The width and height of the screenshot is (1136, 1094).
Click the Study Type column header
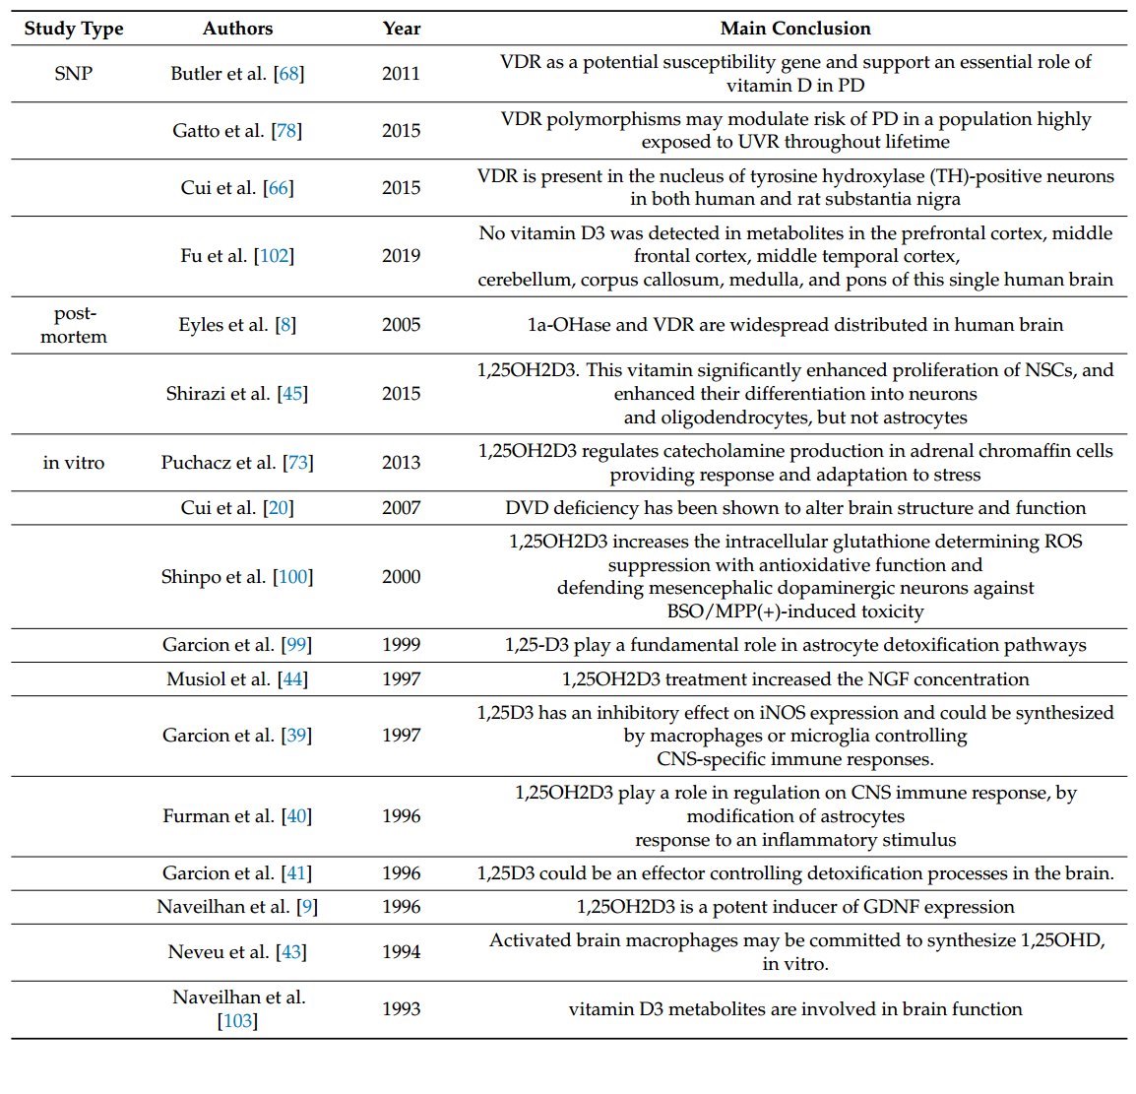pos(74,29)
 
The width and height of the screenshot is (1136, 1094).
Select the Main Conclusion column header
pos(795,29)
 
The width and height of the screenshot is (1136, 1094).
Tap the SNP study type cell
pos(74,74)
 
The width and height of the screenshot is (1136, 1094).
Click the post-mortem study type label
pos(74,325)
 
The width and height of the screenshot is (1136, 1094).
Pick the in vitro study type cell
pos(74,463)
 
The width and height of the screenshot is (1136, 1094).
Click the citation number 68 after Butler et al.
pos(289,74)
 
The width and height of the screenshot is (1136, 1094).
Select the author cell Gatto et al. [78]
pos(237,131)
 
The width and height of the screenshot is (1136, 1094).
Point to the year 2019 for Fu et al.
pos(402,256)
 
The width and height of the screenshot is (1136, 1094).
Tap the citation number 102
pos(275,256)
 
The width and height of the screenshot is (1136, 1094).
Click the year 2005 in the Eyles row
pos(402,325)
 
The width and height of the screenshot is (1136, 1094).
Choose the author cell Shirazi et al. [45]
pos(237,394)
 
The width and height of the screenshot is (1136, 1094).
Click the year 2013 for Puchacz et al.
pos(402,463)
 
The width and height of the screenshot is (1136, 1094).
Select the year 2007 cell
pos(402,508)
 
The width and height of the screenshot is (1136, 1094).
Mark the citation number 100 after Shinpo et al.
pos(293,577)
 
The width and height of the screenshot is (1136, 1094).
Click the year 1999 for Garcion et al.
pos(402,645)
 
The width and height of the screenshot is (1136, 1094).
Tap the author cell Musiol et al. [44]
pos(237,679)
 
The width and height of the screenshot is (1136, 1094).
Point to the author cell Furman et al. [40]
pos(237,816)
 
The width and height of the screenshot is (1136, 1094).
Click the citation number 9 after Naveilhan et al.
pos(308,907)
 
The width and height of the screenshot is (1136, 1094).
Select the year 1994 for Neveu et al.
pos(402,952)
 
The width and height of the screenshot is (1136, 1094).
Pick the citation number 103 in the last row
pos(237,1021)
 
